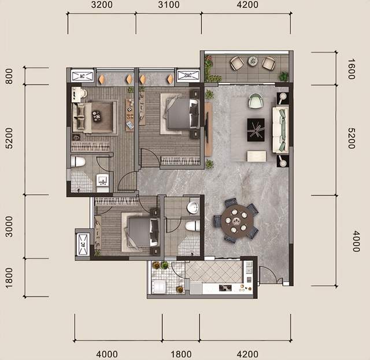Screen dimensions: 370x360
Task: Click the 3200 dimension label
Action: (102, 5)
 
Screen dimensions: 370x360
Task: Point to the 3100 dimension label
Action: (168, 5)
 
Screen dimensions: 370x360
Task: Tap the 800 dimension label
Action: (9, 76)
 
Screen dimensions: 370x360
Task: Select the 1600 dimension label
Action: (351, 69)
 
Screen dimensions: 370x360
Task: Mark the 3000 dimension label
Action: (9, 226)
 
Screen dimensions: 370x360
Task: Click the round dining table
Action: (237, 221)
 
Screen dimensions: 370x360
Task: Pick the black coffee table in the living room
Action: (256, 130)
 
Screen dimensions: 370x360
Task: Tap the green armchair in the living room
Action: (256, 101)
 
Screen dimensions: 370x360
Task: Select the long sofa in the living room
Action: (280, 130)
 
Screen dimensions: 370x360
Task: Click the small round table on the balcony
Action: (253, 61)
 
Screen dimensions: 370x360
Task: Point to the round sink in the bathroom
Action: (193, 208)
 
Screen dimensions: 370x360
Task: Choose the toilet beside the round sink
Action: (193, 226)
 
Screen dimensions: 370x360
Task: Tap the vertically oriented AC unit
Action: (83, 244)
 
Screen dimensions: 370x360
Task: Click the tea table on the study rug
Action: (97, 116)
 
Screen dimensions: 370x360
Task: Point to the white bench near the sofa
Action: (257, 156)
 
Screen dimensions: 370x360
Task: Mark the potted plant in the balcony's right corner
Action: (283, 76)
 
